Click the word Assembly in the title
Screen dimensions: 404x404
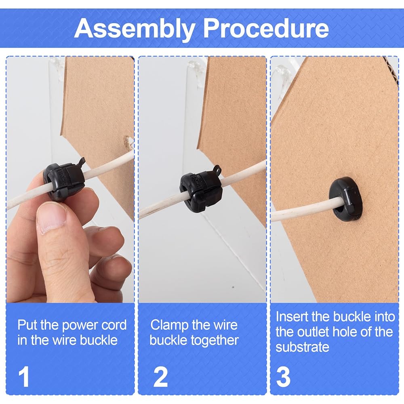134,29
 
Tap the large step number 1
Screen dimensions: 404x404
24,377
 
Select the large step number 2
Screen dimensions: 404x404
160,377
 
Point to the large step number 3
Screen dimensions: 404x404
283,377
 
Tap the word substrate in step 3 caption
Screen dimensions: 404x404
302,347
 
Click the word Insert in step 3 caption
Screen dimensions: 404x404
292,317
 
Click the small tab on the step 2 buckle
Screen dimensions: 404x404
217,170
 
